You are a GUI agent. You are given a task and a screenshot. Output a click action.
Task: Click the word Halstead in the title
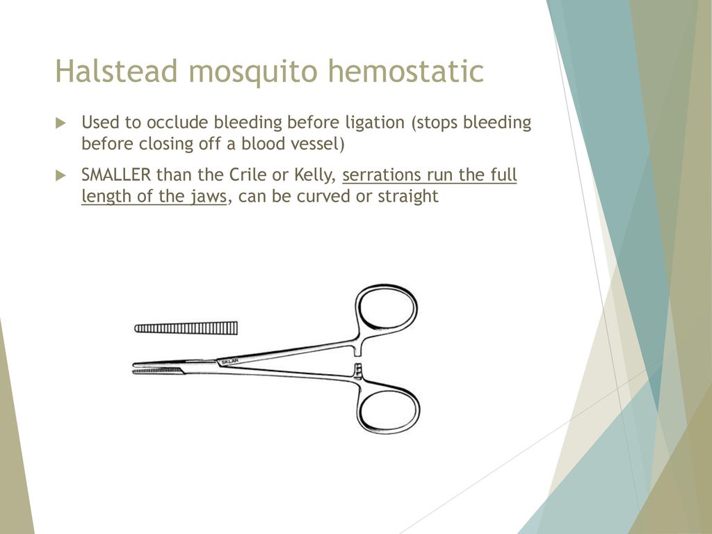(116, 72)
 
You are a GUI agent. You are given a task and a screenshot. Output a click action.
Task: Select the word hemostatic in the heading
(406, 72)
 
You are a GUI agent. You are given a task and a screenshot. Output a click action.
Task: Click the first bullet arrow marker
(61, 123)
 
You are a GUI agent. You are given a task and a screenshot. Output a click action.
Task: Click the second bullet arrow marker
(61, 175)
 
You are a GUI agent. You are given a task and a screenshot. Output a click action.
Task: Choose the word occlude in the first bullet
(177, 122)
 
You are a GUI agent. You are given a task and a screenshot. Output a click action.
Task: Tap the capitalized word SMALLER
(116, 175)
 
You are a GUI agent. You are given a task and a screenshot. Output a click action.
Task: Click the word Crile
(248, 175)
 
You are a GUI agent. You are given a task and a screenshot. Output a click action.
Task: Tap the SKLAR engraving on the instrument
(229, 362)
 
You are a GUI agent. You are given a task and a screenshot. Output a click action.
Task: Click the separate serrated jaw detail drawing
(186, 328)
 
